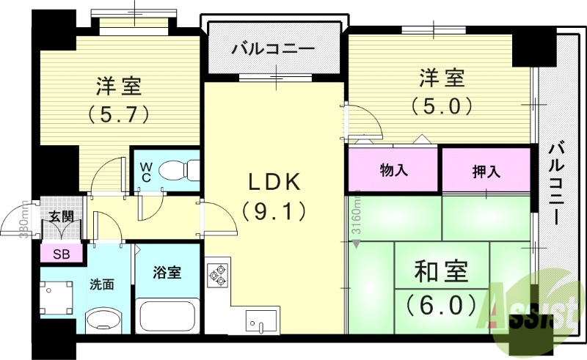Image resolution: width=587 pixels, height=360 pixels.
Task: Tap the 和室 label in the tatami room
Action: click(x=441, y=273)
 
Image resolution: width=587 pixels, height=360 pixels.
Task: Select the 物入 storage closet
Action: click(x=394, y=170)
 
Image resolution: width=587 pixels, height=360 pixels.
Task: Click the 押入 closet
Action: click(x=486, y=172)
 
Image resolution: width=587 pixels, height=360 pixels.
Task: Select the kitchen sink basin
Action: click(x=260, y=320)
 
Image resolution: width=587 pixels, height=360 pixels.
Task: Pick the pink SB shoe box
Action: click(x=62, y=254)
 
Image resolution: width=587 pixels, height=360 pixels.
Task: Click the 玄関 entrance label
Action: click(x=61, y=216)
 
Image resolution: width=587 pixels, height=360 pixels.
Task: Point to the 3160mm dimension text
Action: click(x=356, y=213)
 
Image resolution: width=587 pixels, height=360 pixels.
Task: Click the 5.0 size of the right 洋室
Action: click(x=441, y=106)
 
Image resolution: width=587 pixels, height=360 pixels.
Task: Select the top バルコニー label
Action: click(x=273, y=50)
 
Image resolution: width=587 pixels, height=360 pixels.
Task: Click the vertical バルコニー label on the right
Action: click(x=558, y=183)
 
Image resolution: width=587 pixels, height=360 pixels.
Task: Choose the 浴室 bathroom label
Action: click(x=167, y=273)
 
